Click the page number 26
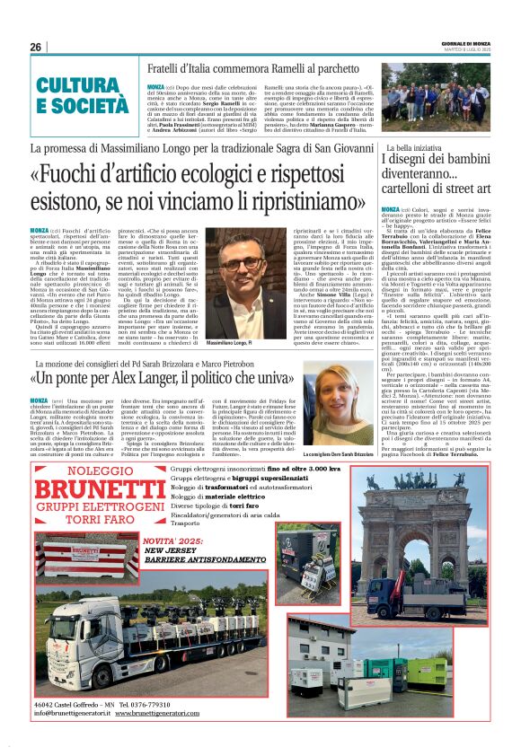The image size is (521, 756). pyautogui.click(x=35, y=47)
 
